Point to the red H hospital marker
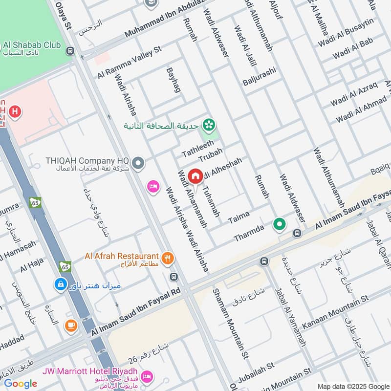[15, 112]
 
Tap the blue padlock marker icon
[60, 284]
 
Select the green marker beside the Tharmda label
[280, 224]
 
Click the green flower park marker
[210, 125]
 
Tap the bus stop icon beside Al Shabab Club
[71, 50]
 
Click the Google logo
[21, 384]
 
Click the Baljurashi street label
[260, 77]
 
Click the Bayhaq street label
[174, 80]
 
